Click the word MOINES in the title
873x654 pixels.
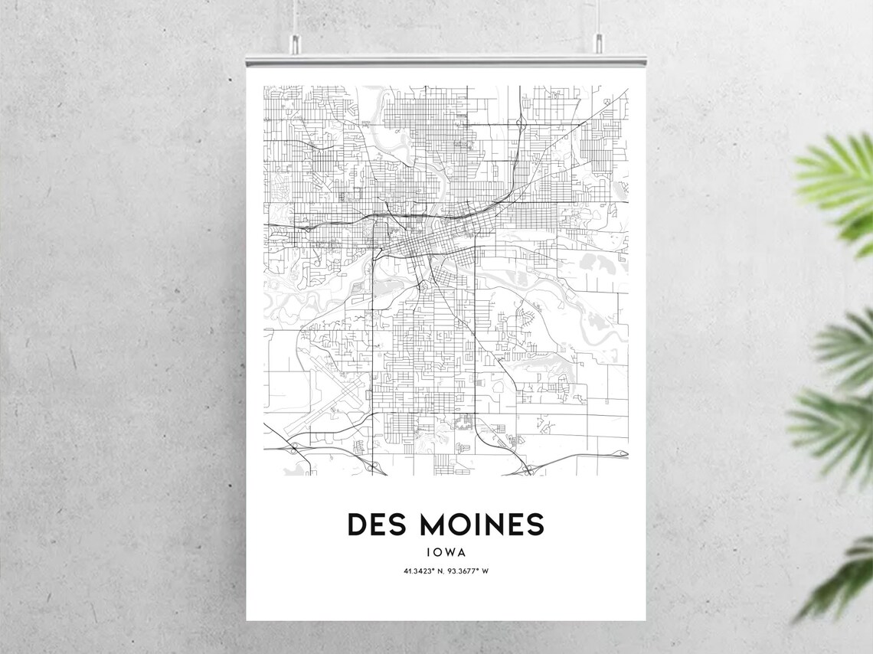click(481, 525)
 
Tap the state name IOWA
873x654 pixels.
click(446, 551)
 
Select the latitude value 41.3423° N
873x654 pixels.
click(423, 571)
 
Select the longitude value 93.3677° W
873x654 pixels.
click(469, 571)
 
